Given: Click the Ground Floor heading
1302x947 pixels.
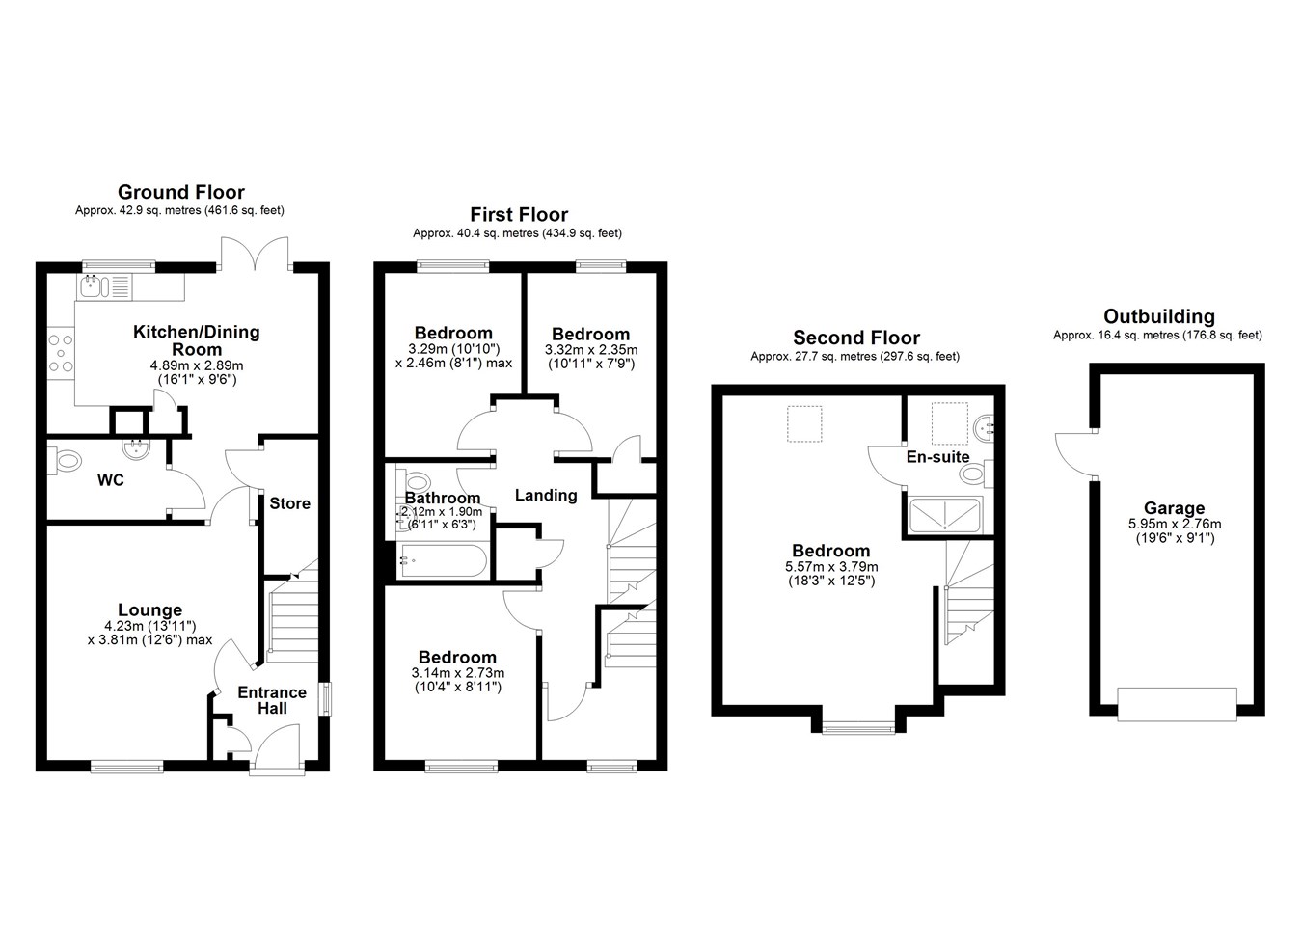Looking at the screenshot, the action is (x=180, y=192).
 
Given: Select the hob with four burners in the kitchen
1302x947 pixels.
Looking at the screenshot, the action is (x=61, y=354).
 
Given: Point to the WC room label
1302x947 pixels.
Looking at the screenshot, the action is (x=111, y=480).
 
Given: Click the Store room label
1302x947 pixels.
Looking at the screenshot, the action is (x=289, y=503).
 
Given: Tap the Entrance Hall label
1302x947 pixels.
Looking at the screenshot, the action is (x=272, y=700).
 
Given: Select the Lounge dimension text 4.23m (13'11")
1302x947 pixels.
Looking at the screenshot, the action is (x=149, y=626).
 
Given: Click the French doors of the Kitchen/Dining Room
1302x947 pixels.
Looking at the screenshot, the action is (x=254, y=255).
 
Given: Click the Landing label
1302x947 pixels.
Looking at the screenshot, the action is (x=546, y=496).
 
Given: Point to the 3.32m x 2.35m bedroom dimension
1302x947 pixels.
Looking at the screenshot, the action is (x=590, y=350).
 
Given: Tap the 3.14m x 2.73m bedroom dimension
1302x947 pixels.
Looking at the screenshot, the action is (x=457, y=673).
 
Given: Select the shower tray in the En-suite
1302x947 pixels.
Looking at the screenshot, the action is (x=944, y=515).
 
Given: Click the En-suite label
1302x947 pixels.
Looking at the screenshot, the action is (x=937, y=457).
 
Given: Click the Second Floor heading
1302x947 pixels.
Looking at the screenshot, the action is (x=856, y=338).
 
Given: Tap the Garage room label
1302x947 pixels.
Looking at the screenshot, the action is (x=1174, y=508).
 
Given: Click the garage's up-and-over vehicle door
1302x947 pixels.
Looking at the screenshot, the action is (x=1177, y=705).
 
